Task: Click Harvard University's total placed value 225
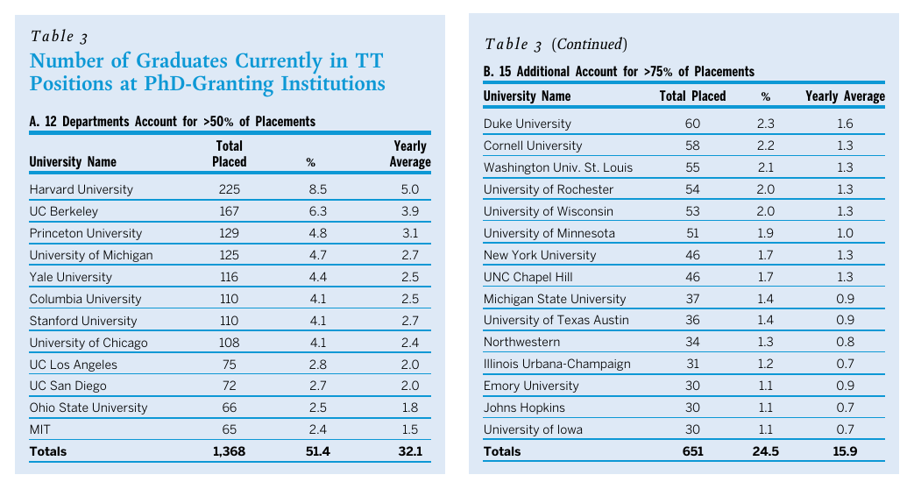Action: click(229, 189)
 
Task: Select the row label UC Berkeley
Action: click(63, 211)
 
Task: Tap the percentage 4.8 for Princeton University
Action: click(310, 233)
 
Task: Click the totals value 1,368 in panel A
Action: click(229, 451)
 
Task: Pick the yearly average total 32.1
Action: click(410, 451)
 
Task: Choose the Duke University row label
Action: click(527, 124)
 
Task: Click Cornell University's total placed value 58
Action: click(692, 145)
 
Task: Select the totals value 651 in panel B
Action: click(692, 451)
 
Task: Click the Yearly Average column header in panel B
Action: click(846, 96)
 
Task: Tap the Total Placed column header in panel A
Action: click(229, 153)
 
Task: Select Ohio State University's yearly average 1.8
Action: click(410, 407)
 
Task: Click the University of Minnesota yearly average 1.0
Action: click(845, 233)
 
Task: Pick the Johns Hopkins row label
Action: click(524, 407)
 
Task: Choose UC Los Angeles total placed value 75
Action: click(229, 365)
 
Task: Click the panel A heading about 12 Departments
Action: click(173, 122)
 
